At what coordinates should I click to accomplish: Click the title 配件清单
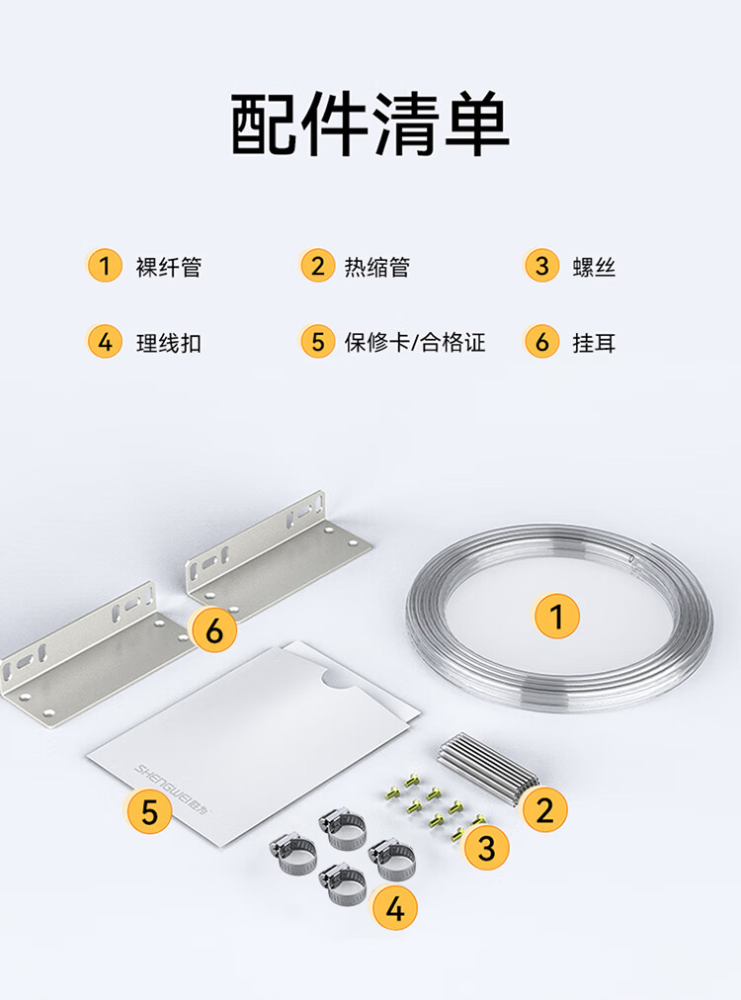click(x=370, y=124)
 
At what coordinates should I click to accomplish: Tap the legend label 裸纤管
click(x=168, y=267)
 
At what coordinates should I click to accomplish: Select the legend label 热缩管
click(x=376, y=267)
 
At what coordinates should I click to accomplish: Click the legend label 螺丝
click(x=594, y=267)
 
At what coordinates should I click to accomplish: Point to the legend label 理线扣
click(x=168, y=343)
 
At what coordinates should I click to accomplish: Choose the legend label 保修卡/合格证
click(x=415, y=343)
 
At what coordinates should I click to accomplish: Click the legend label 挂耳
click(x=594, y=343)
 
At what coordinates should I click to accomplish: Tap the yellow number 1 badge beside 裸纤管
click(x=105, y=265)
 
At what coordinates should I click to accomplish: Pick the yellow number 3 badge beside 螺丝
click(x=541, y=265)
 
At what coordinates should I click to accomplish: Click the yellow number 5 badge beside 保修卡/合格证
click(x=317, y=341)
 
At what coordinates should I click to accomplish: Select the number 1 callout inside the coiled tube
click(x=556, y=616)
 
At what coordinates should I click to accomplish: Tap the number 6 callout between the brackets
click(x=214, y=630)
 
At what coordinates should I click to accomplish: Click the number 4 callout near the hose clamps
click(x=395, y=907)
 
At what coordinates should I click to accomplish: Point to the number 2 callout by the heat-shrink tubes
click(x=544, y=810)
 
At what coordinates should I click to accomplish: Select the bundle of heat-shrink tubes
click(x=488, y=768)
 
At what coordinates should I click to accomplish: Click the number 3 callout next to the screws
click(x=486, y=848)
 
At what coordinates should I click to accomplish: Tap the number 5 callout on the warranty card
click(x=149, y=812)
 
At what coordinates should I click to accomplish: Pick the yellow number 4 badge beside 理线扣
click(x=105, y=341)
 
